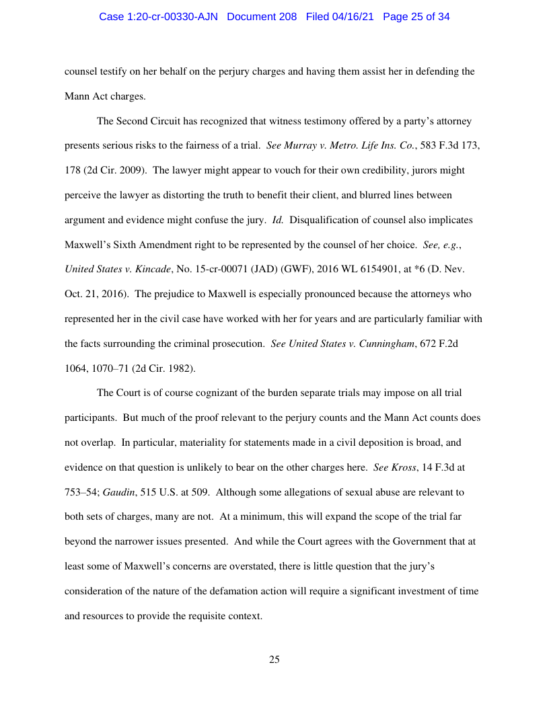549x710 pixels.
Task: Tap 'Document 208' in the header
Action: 262,17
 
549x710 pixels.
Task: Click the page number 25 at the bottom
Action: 274,660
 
